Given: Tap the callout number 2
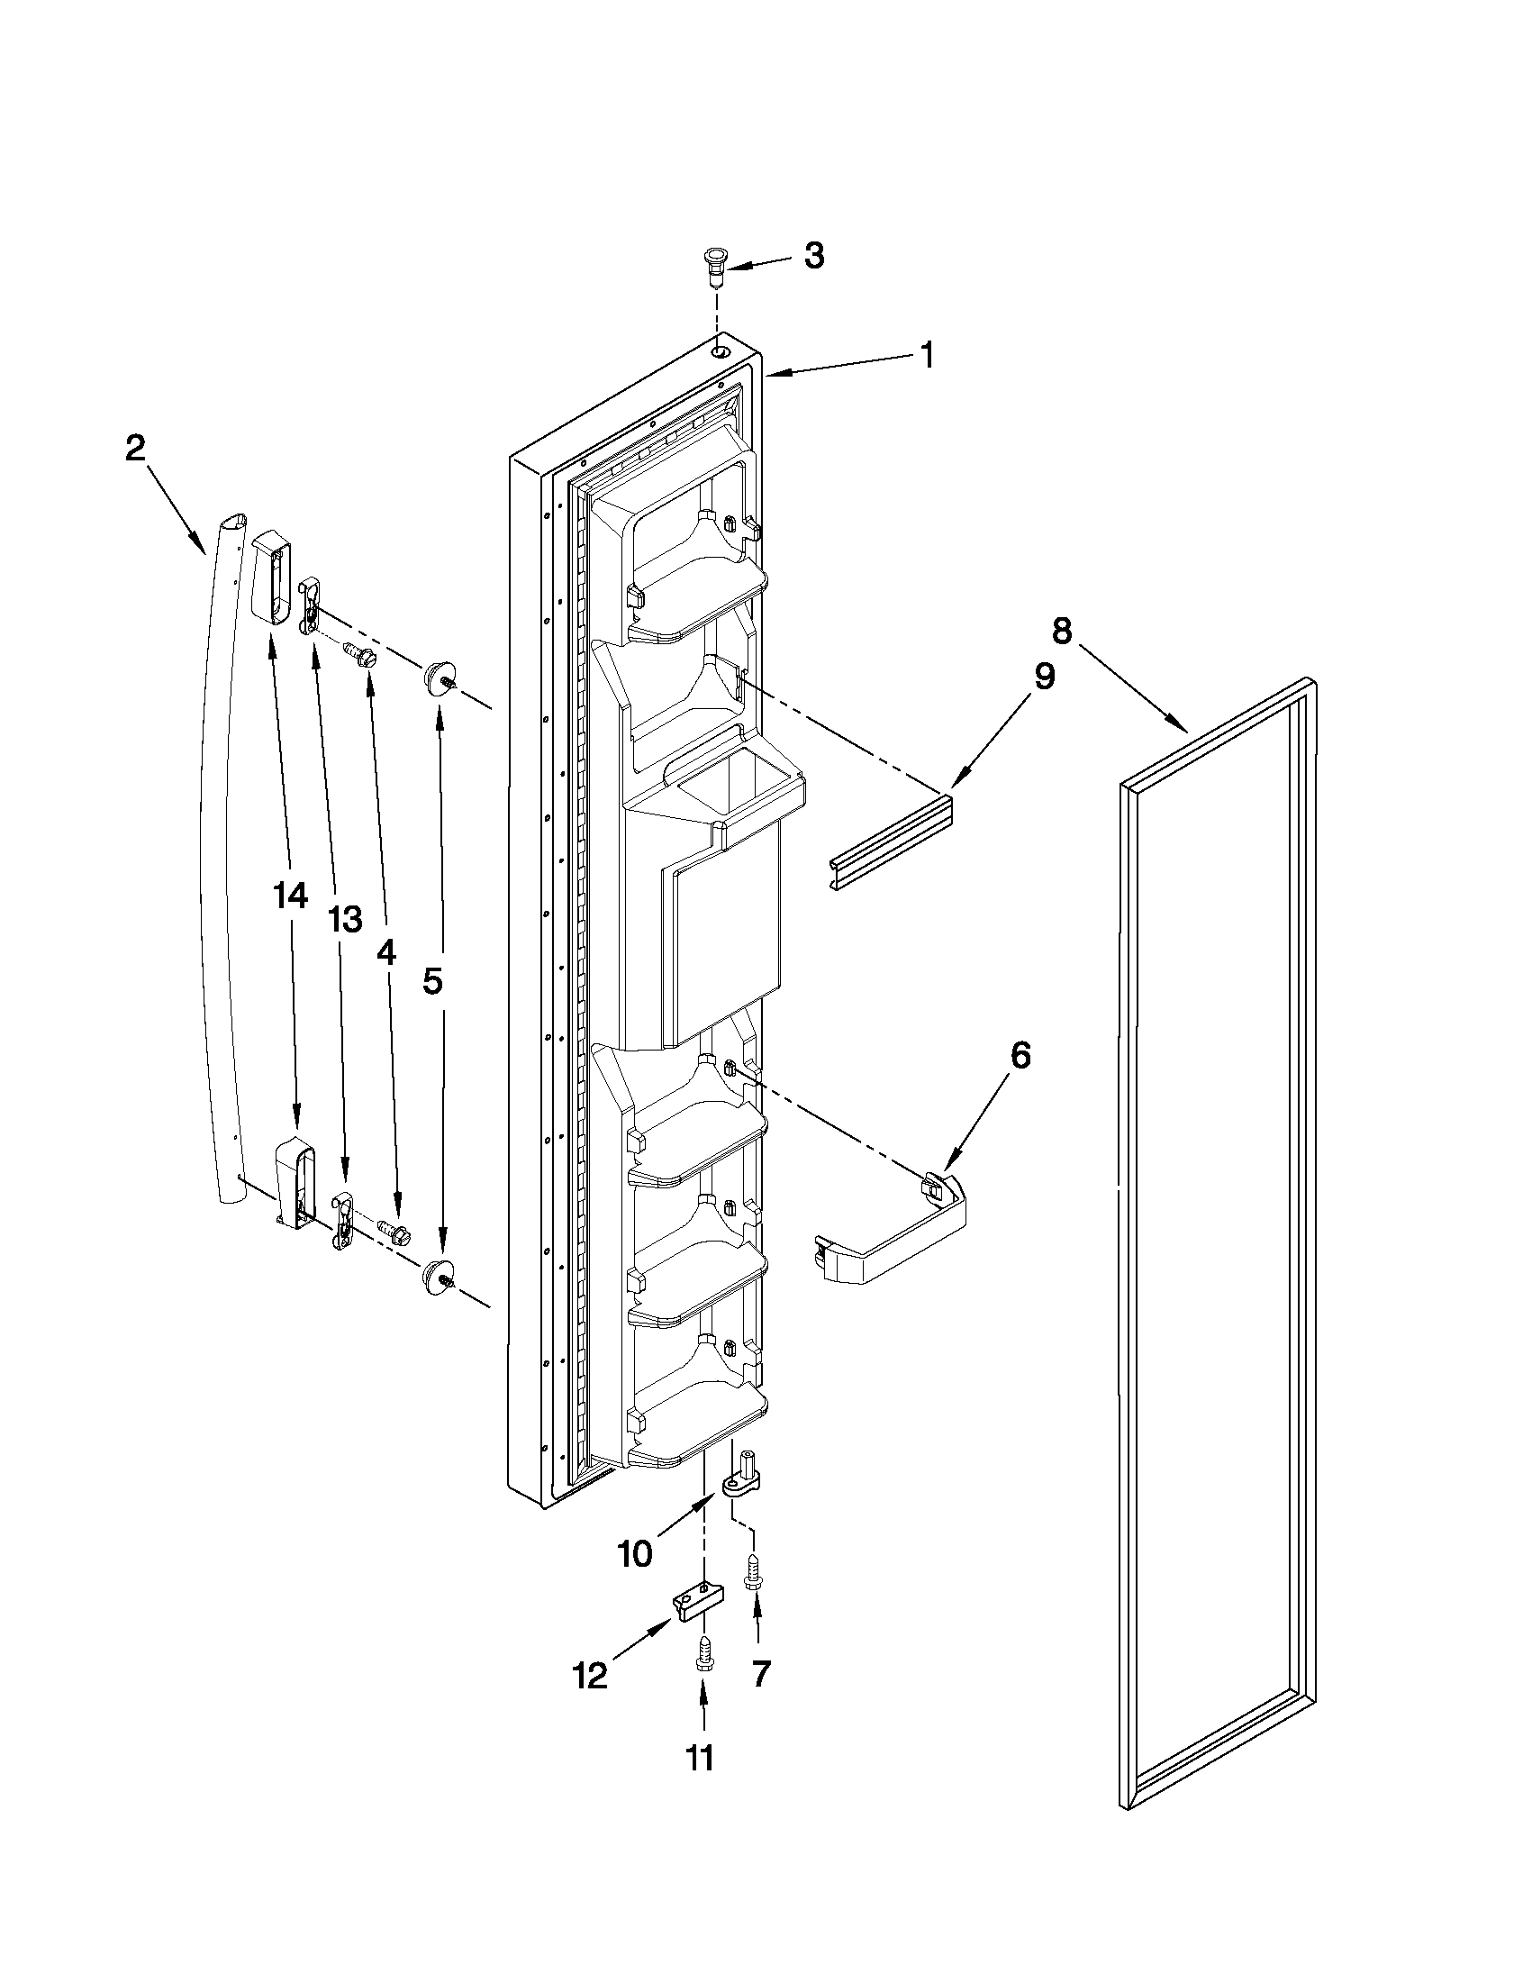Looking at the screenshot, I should click(135, 448).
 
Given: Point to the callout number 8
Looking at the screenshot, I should click(1061, 628).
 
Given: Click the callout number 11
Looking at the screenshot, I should click(698, 1783).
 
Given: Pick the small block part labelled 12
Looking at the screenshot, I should click(699, 1603).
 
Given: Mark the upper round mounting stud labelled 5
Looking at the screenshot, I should click(438, 678).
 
